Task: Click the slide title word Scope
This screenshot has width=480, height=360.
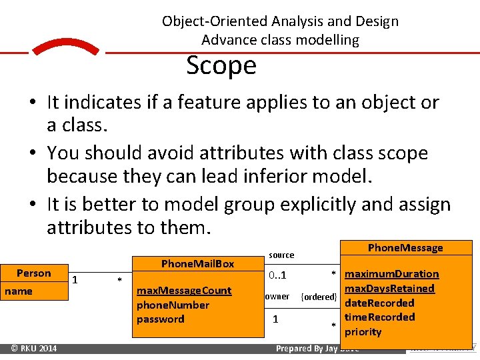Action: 221,66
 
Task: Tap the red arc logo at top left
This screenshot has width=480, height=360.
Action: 65,48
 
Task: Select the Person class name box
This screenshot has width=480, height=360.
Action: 34,273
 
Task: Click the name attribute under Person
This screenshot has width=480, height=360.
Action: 19,291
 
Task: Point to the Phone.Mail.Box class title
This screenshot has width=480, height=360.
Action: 198,263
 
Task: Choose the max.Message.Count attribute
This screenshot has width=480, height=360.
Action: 184,291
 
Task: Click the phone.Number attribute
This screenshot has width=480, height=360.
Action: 173,305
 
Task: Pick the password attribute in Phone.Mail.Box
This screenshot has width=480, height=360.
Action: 160,319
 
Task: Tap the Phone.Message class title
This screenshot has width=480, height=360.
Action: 405,248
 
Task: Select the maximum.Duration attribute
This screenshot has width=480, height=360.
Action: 391,274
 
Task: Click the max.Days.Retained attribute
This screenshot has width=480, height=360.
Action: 389,288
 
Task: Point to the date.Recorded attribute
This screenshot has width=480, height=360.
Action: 379,303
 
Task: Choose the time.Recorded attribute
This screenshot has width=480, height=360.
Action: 379,317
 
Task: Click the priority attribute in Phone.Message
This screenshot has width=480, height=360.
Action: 363,331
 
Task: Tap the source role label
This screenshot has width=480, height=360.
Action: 281,255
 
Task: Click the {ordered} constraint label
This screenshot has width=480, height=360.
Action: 319,297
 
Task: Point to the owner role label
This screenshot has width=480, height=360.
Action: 277,297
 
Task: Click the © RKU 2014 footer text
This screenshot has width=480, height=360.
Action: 34,348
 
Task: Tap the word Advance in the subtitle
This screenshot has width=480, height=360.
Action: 223,40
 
